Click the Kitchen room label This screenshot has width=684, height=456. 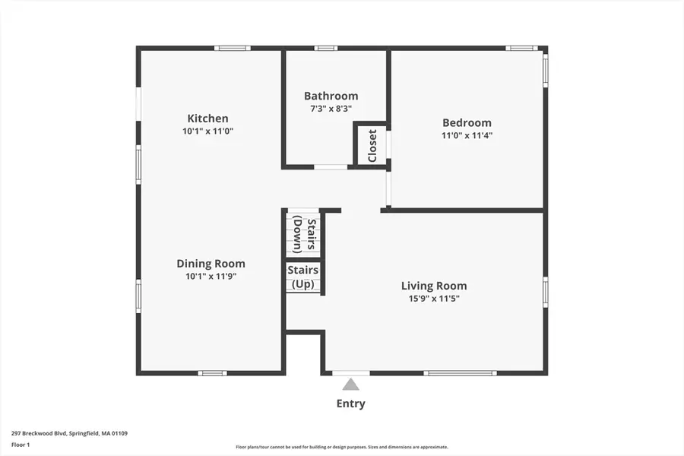pos(207,119)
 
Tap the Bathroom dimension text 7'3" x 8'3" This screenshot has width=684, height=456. pos(331,109)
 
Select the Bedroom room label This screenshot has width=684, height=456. pos(467,122)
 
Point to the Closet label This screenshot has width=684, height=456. pos(372,145)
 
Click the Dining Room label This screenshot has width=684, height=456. pos(211,264)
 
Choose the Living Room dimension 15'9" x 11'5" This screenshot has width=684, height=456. pos(434,299)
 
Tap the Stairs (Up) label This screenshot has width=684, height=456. pos(302,277)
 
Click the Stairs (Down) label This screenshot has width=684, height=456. pos(304,234)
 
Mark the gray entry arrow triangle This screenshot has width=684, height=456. pos(350,385)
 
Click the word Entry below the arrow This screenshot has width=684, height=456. pos(350,404)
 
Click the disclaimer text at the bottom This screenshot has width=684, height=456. pos(341,447)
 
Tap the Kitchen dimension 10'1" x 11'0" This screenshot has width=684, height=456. pos(207,131)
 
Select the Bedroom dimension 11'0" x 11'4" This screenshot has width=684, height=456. pos(467,135)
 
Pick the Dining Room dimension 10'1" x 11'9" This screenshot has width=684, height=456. pos(211,277)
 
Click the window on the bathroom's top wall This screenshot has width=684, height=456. pos(326,49)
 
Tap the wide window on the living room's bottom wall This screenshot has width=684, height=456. pos(460,373)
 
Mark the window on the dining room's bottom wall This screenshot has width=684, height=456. pos(212,373)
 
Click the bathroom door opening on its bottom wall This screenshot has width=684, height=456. pos(331,166)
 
